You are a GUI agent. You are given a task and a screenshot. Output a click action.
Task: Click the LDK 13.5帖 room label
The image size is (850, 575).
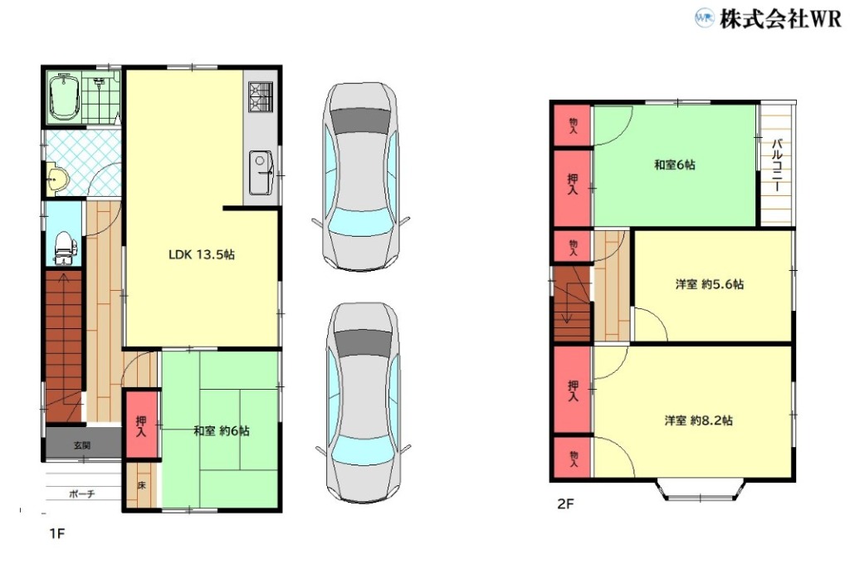tap(201, 254)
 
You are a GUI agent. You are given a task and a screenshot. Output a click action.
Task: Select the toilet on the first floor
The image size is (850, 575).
tap(66, 248)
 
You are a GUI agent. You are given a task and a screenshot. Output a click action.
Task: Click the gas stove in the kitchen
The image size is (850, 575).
tap(261, 96)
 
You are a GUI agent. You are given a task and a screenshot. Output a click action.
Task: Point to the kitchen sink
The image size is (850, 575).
tap(261, 173)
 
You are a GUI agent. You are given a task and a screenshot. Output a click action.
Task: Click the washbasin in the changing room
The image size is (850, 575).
tap(56, 177)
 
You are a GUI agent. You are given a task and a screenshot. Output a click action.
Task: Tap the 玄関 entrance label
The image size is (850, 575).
tap(82, 446)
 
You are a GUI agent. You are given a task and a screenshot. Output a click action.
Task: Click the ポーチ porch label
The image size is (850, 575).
tap(82, 494)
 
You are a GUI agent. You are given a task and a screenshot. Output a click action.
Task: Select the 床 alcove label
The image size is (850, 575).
tap(141, 485)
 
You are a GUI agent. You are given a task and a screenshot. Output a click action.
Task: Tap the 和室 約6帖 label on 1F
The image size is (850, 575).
tap(222, 431)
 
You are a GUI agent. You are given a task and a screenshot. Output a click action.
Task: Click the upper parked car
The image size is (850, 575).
tap(360, 176)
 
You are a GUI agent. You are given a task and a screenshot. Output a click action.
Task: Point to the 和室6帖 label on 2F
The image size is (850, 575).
tap(674, 165)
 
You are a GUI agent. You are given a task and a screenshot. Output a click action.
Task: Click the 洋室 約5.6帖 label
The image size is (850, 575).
tap(710, 284)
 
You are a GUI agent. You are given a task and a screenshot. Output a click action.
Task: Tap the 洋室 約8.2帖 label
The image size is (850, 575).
tap(699, 420)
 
